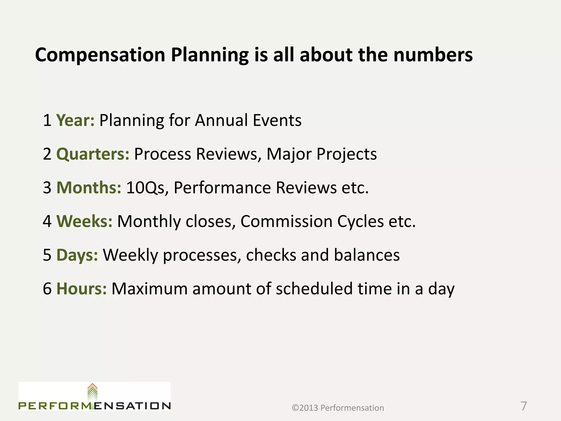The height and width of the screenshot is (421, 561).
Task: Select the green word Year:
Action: [x=75, y=121]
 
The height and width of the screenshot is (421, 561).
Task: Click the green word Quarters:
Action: [x=93, y=154]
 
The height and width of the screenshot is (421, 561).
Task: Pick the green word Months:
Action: [x=89, y=188]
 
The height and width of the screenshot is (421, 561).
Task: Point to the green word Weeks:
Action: [x=84, y=221]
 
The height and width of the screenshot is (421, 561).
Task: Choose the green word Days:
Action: [x=77, y=255]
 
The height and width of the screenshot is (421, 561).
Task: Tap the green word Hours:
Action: [x=81, y=289]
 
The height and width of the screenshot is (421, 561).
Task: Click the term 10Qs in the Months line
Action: [x=145, y=188]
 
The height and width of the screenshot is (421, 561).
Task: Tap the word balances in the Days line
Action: [x=367, y=255]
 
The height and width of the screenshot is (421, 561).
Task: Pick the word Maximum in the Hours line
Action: [x=149, y=289]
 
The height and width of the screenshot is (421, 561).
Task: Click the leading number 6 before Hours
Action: [x=47, y=289]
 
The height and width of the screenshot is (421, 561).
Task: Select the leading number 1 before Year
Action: [x=47, y=121]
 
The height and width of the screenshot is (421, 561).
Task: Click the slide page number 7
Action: [x=523, y=406]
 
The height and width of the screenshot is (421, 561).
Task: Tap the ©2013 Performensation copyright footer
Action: [x=338, y=408]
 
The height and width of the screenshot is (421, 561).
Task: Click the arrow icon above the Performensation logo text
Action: [x=93, y=392]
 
